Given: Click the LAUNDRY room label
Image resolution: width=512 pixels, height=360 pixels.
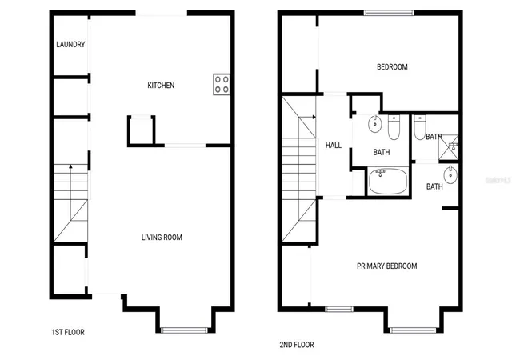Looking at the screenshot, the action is click(70, 44).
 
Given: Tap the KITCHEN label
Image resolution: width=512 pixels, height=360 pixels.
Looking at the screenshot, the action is click(161, 86).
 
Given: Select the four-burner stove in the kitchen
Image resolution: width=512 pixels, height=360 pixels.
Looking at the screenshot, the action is click(222, 84).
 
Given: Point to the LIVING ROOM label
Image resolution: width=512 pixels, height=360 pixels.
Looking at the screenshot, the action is click(162, 237).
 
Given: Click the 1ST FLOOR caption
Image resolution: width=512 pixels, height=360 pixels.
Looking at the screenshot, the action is click(68, 332).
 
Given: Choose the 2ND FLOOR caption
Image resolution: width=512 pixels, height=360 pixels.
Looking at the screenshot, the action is click(297, 345).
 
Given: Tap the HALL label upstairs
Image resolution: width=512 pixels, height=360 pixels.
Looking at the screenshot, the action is click(334, 145).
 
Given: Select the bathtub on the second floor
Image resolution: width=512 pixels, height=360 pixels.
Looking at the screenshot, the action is click(388, 182).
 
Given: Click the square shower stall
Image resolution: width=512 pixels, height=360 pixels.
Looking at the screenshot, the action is click(448, 147).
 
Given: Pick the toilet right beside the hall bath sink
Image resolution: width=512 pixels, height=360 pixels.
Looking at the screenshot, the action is click(394, 127).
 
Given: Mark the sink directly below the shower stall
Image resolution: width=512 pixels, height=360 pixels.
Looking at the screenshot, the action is click(450, 174).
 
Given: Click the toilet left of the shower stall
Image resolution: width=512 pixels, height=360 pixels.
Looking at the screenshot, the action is click(419, 127).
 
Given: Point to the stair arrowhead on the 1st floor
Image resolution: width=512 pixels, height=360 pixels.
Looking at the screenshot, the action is click(70, 166).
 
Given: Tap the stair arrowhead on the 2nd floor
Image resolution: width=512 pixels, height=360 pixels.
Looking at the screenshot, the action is click(314, 117).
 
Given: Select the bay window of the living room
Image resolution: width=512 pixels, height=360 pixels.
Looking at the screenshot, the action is click(185, 330).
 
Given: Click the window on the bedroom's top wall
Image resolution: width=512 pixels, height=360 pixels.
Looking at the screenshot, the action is click(389, 13).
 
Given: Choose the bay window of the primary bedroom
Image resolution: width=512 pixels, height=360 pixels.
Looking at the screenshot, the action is click(413, 330).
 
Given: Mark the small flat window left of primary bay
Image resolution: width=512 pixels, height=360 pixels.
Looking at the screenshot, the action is click(339, 309).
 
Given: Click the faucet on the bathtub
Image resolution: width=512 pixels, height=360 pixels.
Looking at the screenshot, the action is click(380, 172).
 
